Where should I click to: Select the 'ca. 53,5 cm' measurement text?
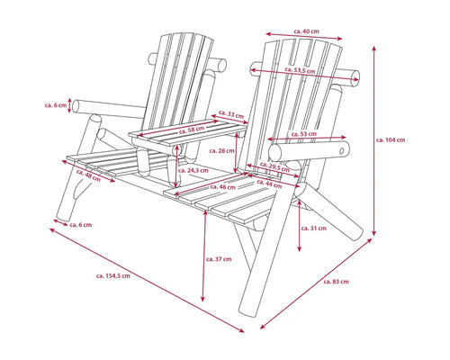click(299, 69)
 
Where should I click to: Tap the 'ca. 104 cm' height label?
click(390, 140)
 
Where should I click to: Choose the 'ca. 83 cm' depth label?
click(335, 282)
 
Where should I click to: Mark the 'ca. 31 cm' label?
click(312, 228)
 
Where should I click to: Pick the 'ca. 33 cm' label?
click(234, 115)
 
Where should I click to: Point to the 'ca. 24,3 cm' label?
click(194, 169)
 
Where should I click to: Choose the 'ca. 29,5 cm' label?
click(274, 167)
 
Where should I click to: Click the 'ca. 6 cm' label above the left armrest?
click(56, 105)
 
